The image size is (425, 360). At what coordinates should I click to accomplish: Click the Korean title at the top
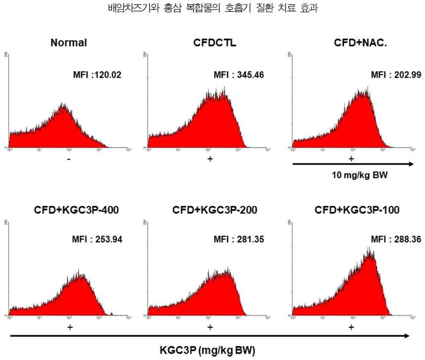tap(212, 8)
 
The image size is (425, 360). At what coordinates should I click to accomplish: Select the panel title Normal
tap(69, 43)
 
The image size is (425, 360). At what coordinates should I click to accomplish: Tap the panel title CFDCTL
tap(215, 43)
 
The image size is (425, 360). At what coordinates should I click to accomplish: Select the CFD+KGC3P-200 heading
tap(215, 210)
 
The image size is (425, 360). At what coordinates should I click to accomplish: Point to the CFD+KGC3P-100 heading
tap(357, 210)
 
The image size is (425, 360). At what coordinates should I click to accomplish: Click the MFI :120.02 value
tap(97, 75)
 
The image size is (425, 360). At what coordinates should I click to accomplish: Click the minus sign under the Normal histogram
tap(69, 159)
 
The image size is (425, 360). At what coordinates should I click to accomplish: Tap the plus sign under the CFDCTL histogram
tap(210, 159)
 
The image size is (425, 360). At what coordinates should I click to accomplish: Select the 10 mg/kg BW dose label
tap(352, 175)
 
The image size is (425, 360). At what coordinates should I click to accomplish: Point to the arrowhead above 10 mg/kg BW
tap(410, 163)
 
